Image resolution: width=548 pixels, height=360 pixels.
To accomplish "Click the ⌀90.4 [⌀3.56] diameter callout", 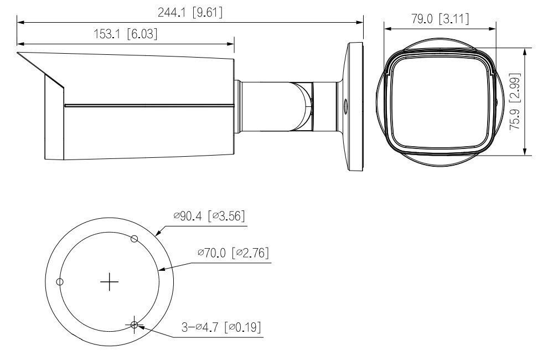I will pyautogui.click(x=209, y=216).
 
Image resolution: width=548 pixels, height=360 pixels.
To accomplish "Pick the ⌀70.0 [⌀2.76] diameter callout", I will pyautogui.click(x=233, y=253).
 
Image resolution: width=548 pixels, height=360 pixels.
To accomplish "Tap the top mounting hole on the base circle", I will pyautogui.click(x=134, y=238).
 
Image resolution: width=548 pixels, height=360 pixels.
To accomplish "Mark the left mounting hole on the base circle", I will pyautogui.click(x=60, y=281).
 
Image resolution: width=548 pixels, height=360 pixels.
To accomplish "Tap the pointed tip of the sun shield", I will pyautogui.click(x=18, y=54).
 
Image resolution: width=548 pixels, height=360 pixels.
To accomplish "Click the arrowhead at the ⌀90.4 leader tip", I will pyautogui.click(x=157, y=234).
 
